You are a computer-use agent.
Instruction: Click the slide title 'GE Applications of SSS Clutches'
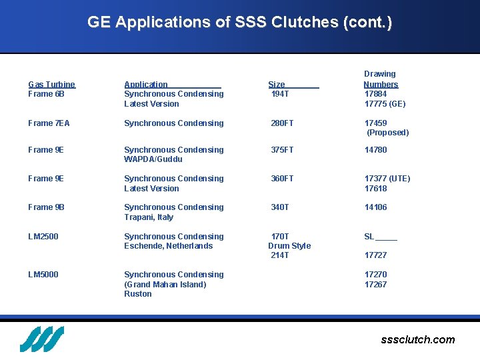[239, 22]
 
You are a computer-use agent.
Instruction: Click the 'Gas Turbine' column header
[51, 84]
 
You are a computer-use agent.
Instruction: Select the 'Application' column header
[146, 84]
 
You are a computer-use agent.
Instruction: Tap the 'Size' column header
[277, 84]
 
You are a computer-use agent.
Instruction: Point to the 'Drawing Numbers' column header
[380, 79]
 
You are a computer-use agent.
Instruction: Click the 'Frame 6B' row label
[46, 94]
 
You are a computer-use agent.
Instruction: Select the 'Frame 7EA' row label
[49, 123]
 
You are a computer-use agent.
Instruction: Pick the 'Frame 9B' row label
[46, 207]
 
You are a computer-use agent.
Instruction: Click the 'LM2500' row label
[43, 237]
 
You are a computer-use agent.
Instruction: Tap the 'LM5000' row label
[43, 275]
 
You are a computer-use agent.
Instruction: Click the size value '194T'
[280, 94]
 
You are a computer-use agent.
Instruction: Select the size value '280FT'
[282, 123]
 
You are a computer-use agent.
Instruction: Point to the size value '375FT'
[282, 150]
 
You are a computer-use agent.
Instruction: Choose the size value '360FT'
[282, 179]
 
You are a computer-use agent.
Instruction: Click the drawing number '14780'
[375, 150]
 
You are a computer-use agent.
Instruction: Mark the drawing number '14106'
[375, 207]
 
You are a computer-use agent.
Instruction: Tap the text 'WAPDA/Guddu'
[153, 159]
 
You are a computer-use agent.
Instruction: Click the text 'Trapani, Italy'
[149, 217]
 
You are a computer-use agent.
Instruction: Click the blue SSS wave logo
[41, 339]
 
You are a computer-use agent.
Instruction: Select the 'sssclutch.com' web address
[418, 340]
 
